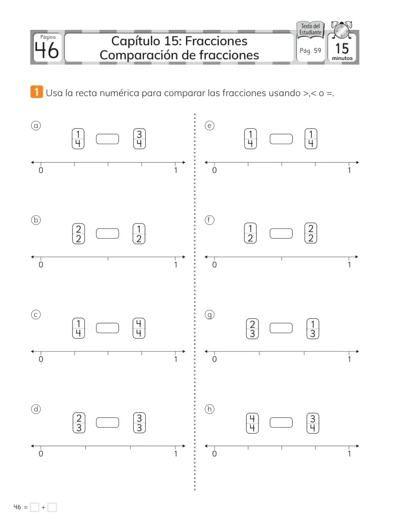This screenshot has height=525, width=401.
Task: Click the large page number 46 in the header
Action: [x=46, y=50]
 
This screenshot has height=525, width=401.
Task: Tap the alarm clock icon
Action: [x=342, y=30]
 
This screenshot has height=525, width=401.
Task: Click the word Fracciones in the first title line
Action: [x=216, y=41]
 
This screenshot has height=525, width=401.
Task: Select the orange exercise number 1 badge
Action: [x=37, y=92]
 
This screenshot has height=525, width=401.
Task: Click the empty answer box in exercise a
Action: [x=107, y=139]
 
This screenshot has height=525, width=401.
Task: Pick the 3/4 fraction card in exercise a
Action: [x=139, y=139]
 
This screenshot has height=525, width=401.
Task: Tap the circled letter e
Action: [x=210, y=126]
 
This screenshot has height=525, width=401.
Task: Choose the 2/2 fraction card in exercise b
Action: [x=78, y=234]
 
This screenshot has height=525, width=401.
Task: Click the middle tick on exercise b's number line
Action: [x=108, y=258]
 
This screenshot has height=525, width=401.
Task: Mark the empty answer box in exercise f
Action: [x=281, y=233]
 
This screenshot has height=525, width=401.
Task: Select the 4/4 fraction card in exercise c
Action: [x=139, y=328]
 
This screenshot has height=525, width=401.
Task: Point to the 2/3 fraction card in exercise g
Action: [x=252, y=329]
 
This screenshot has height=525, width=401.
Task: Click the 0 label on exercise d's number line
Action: [x=41, y=454]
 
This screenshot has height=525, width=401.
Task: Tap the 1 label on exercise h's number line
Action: [x=349, y=454]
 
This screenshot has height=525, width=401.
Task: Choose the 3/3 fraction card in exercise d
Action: [x=139, y=423]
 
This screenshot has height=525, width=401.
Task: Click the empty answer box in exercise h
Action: [x=281, y=422]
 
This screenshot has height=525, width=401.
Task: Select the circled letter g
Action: [x=210, y=315]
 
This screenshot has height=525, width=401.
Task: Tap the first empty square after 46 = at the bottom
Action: [x=34, y=507]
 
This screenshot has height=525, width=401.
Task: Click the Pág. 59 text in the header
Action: [x=311, y=51]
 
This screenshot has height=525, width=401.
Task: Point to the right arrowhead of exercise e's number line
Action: [x=357, y=162]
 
